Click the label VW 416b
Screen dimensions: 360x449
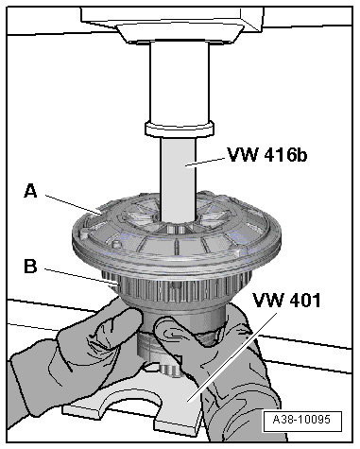(266, 155)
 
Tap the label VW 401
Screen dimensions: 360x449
(286, 300)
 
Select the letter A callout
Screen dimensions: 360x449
(30, 191)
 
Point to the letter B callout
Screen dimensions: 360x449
(30, 267)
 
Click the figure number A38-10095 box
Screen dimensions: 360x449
(302, 421)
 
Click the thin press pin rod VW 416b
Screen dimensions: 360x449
(178, 180)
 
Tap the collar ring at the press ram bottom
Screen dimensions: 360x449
(180, 130)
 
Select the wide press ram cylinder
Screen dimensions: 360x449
(180, 82)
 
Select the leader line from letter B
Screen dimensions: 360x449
(81, 277)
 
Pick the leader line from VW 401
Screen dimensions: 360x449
(232, 356)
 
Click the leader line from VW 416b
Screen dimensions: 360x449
(206, 163)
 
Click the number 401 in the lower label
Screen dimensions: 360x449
(303, 300)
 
